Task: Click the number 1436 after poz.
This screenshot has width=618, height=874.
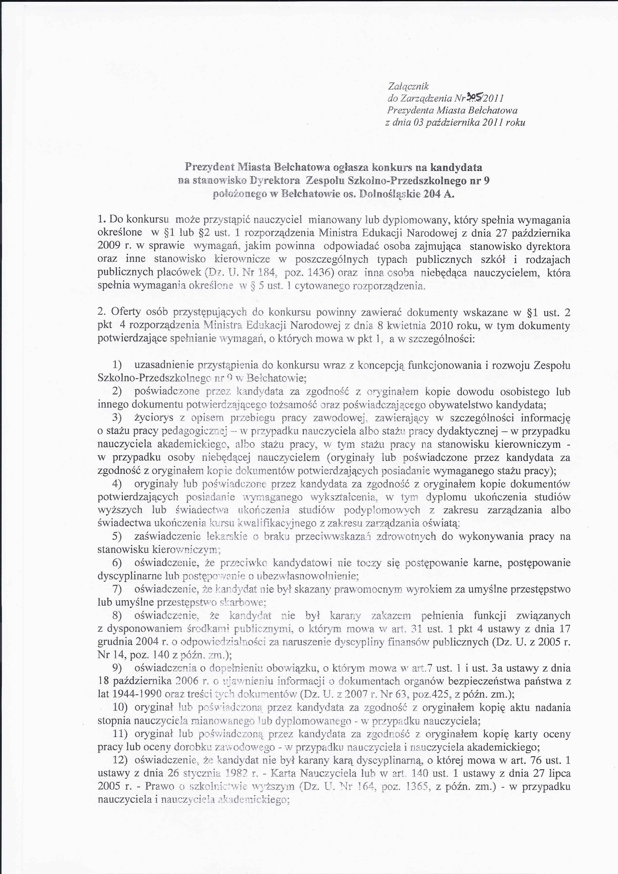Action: pos(320,273)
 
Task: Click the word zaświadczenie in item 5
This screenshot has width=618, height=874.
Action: pos(167,536)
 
